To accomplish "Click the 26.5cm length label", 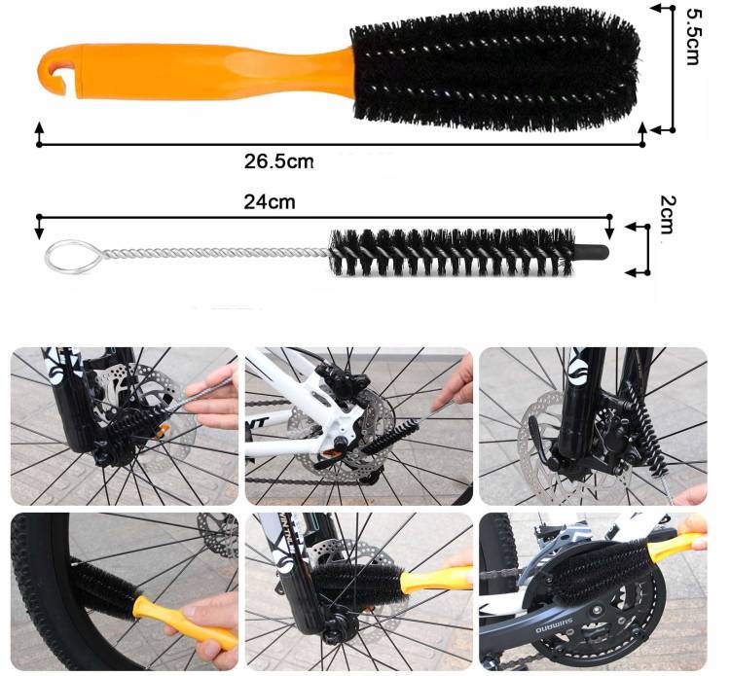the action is coord(279,161).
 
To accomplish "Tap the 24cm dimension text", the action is coord(270,202).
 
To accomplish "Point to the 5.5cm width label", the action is coord(693,37).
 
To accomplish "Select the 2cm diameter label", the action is coord(667,215).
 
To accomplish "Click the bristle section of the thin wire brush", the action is coord(452,253).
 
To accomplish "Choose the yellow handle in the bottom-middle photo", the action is coord(436,580).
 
